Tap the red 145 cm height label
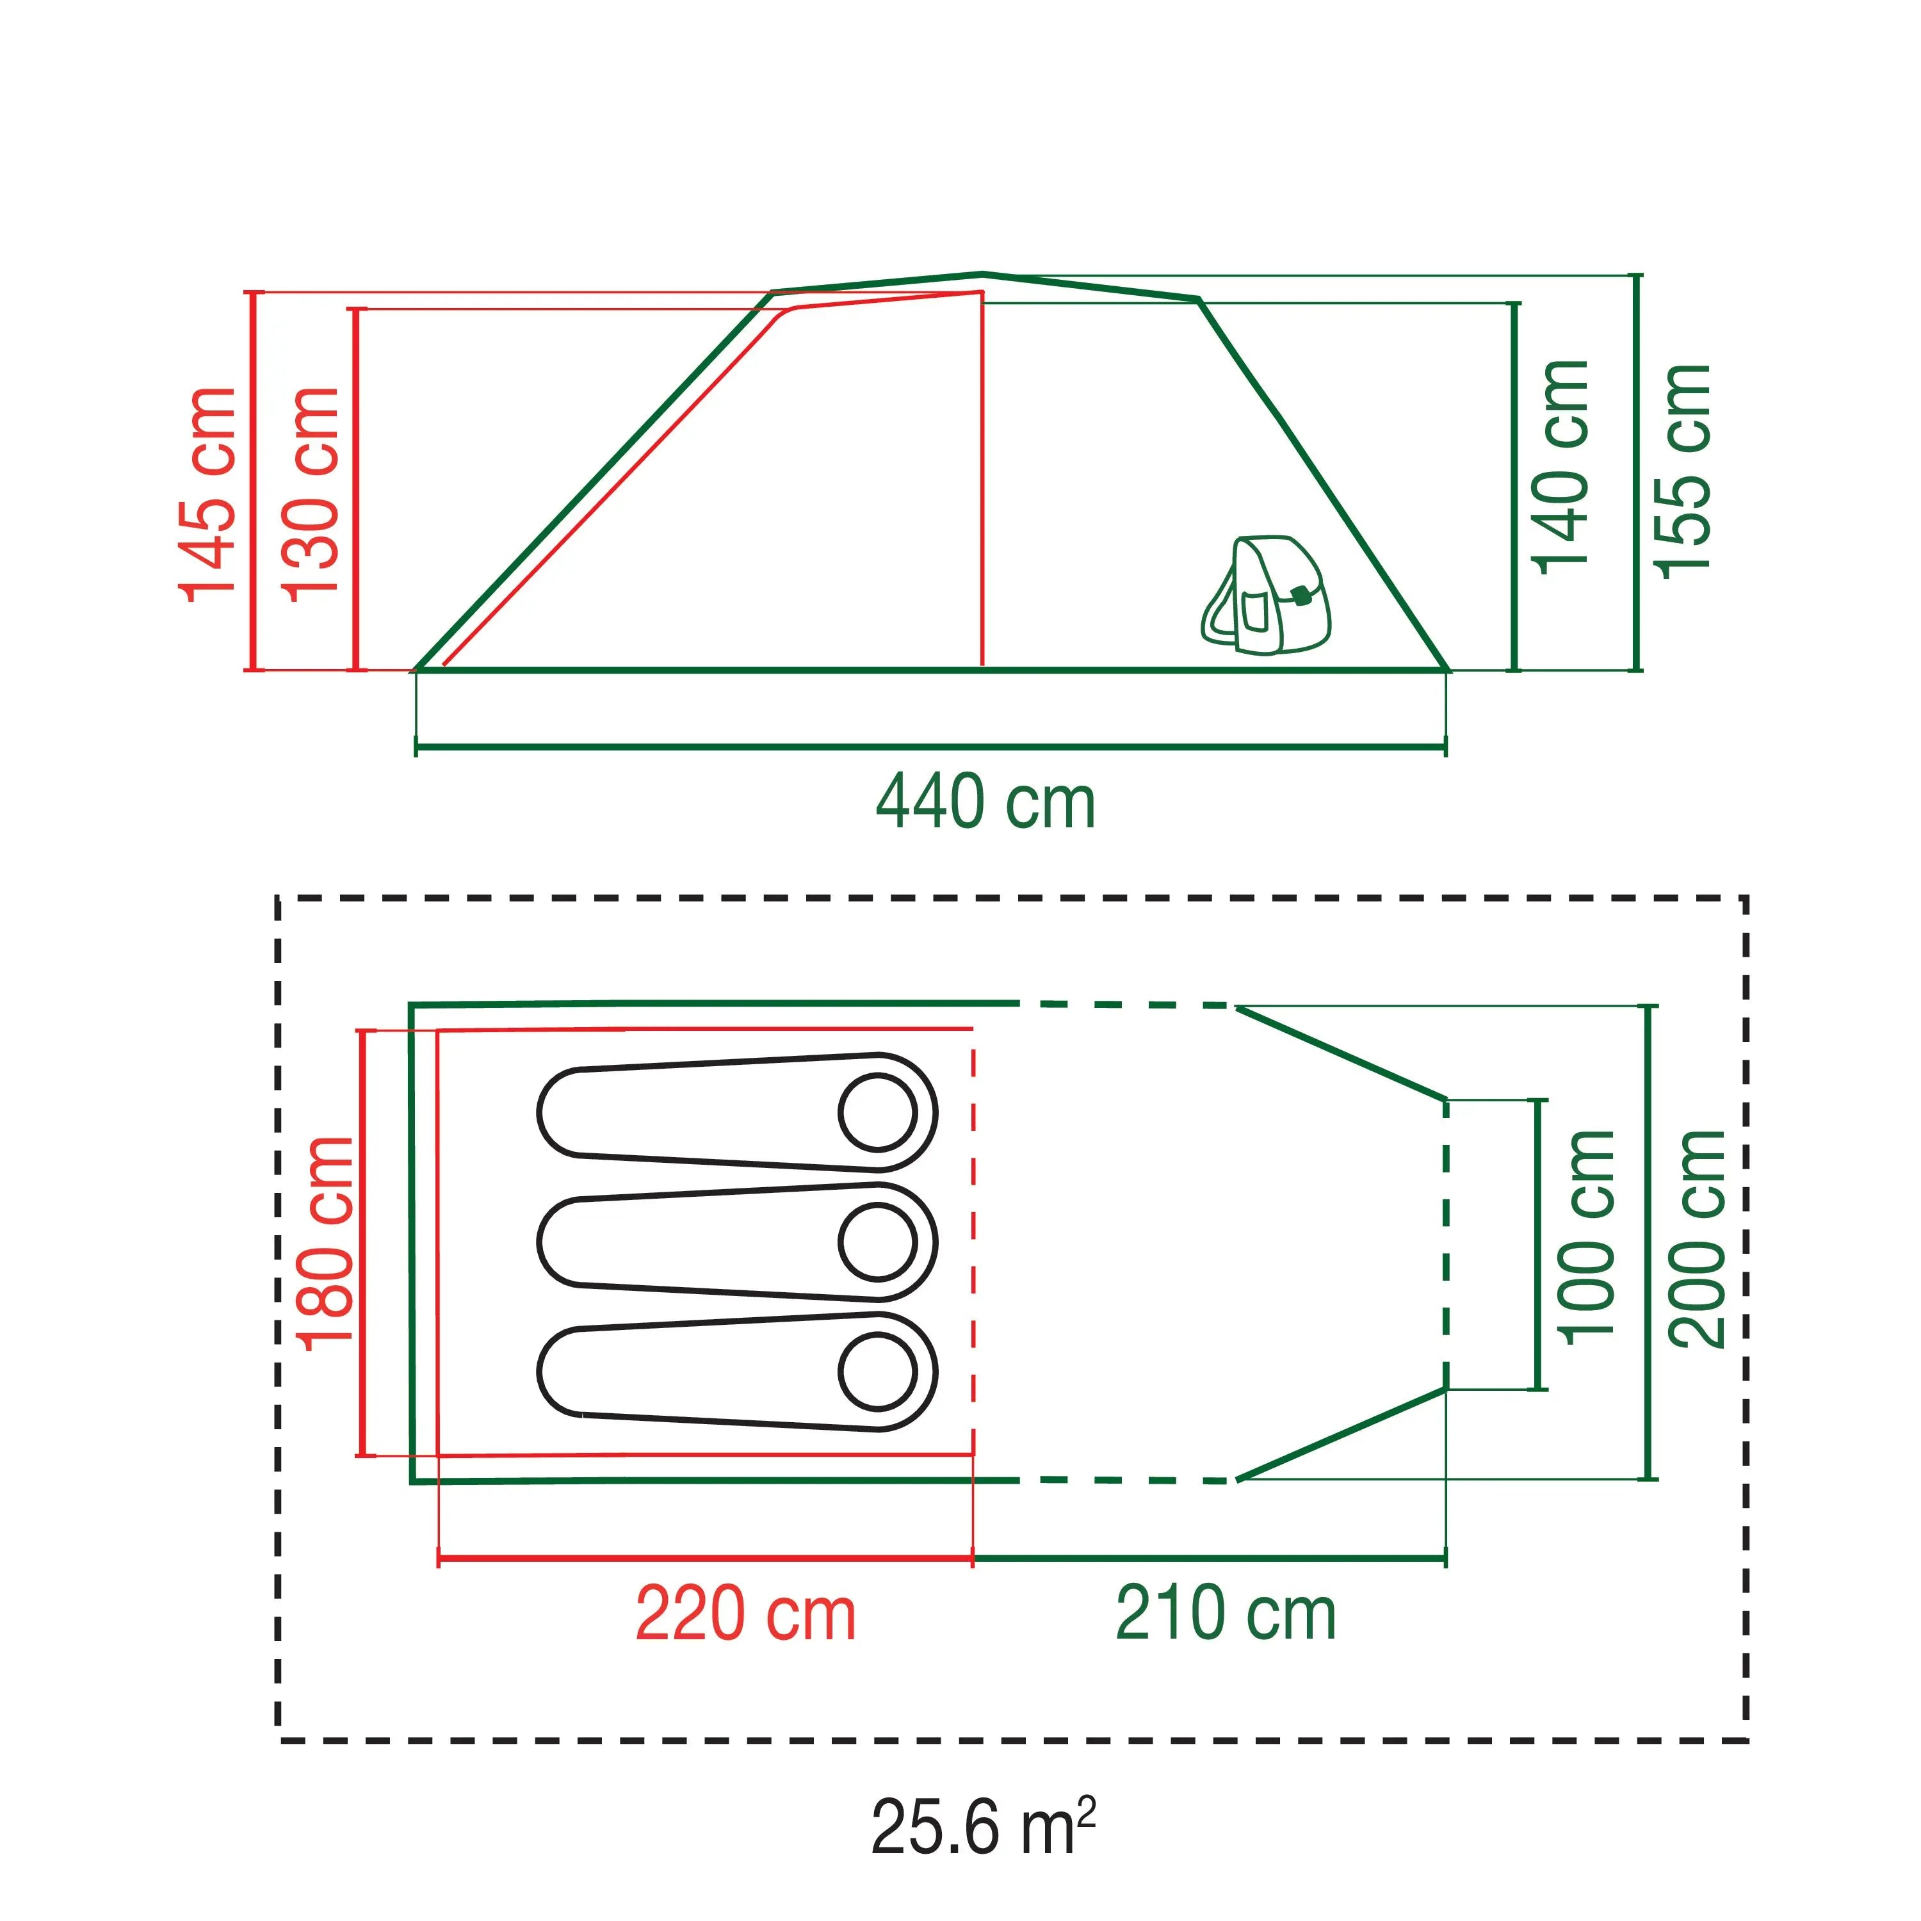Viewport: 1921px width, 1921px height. tap(208, 494)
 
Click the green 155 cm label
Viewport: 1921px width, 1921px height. tap(1682, 469)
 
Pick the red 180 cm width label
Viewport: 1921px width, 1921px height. tap(325, 1243)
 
